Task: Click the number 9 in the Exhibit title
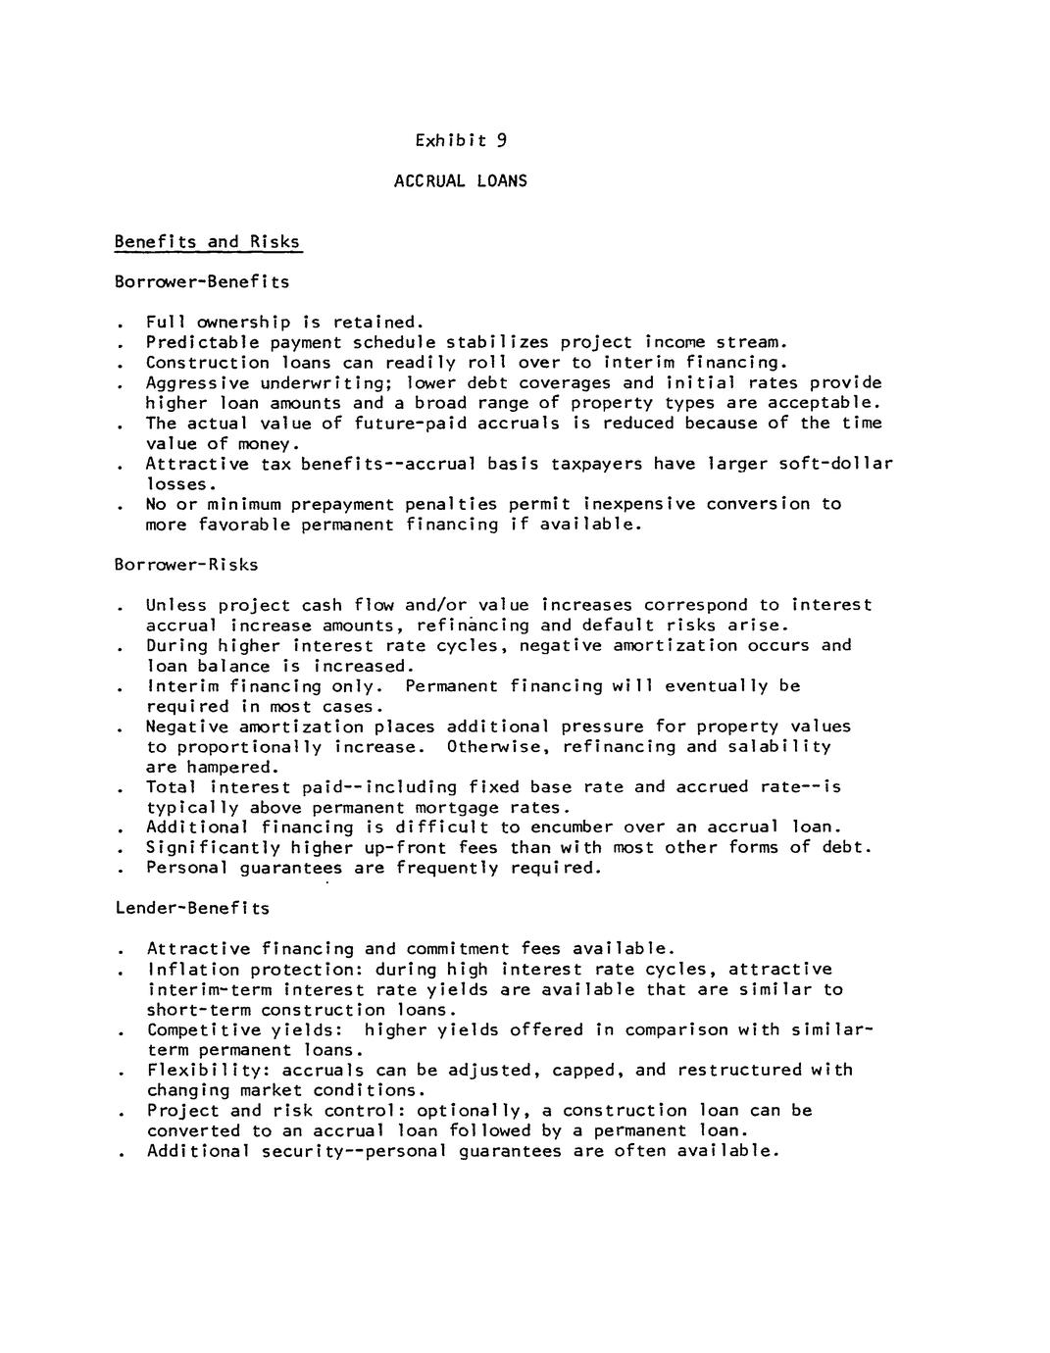click(x=501, y=140)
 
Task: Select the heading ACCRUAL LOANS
click(x=460, y=180)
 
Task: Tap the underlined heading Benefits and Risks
click(x=207, y=242)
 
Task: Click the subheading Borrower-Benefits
click(x=202, y=282)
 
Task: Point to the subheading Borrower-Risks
click(x=186, y=565)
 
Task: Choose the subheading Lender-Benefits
click(x=192, y=908)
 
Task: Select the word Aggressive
click(x=197, y=382)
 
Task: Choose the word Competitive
click(x=203, y=1029)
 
